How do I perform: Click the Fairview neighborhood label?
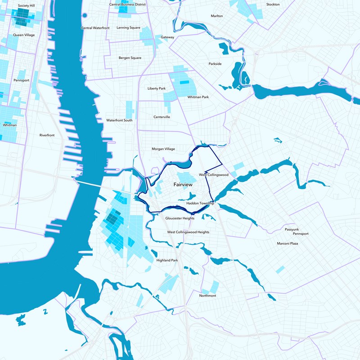(x=184, y=184)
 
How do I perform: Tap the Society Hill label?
(x=27, y=6)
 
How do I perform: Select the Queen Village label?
(x=24, y=35)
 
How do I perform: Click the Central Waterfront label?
(x=95, y=28)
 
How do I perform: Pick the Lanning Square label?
(x=128, y=27)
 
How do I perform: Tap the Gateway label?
(x=167, y=37)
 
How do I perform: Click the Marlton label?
(x=217, y=16)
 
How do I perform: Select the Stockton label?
(x=273, y=4)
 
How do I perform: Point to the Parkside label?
(x=215, y=64)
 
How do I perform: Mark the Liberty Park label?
(x=157, y=88)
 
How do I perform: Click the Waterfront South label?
(x=119, y=120)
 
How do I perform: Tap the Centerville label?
(x=162, y=117)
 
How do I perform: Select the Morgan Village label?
(x=163, y=148)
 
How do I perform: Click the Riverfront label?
(x=47, y=135)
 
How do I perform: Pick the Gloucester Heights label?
(x=180, y=218)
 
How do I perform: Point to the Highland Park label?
(x=167, y=261)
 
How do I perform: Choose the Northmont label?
(x=207, y=296)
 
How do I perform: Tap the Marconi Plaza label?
(x=288, y=243)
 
